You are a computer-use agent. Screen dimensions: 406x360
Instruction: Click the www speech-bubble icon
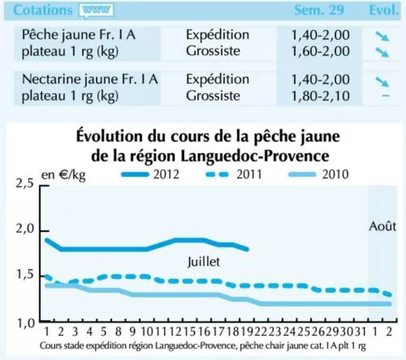(x=96, y=11)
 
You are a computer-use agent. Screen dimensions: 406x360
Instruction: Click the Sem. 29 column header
(x=319, y=10)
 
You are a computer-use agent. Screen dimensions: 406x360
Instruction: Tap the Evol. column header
(x=383, y=10)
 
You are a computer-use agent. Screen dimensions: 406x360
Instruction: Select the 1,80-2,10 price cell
(x=320, y=96)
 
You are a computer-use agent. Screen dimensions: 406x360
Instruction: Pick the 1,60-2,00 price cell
(x=320, y=51)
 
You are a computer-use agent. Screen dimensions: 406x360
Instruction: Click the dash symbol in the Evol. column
(x=385, y=96)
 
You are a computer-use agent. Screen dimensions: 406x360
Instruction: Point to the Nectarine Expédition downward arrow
(x=382, y=82)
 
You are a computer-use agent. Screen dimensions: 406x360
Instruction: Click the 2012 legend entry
(x=150, y=174)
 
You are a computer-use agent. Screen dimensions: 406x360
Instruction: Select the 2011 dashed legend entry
(x=234, y=174)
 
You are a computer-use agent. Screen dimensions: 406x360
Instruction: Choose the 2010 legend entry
(x=318, y=174)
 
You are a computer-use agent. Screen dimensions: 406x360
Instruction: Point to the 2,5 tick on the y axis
(x=44, y=186)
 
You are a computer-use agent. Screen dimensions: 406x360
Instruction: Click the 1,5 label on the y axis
(x=25, y=275)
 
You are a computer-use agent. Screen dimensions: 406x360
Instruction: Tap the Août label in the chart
(x=382, y=226)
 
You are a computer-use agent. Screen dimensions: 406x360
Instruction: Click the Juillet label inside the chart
(x=204, y=262)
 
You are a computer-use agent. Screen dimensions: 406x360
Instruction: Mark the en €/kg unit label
(x=63, y=176)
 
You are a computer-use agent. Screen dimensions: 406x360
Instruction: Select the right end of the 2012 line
(x=248, y=249)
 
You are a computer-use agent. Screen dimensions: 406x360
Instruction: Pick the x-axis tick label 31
(x=360, y=331)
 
